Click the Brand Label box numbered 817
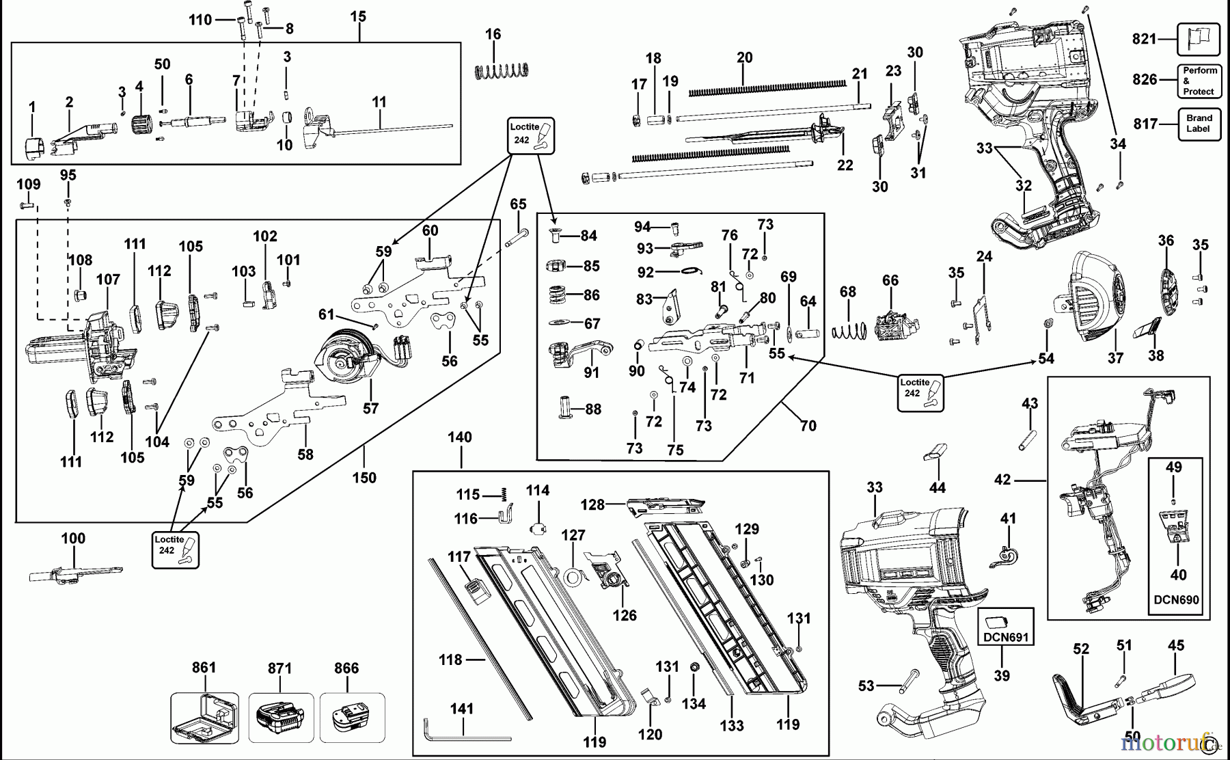1199,124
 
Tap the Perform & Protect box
1199,81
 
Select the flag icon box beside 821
1199,39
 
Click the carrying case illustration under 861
204,718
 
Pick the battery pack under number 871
280,718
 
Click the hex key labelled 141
465,731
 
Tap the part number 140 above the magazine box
460,437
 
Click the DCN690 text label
1176,600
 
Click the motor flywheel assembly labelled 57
345,359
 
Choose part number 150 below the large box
364,478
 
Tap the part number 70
808,426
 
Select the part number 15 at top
358,16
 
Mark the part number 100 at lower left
73,538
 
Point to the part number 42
1002,480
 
